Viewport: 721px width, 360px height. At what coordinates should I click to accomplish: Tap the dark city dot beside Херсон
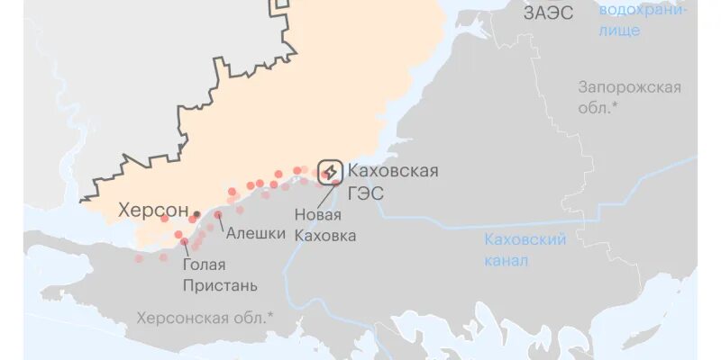(x=196, y=214)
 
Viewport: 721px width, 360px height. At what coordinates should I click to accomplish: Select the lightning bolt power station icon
(x=331, y=172)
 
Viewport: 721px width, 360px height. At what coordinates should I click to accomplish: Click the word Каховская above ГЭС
(x=393, y=171)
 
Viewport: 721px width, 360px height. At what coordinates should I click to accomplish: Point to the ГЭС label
(x=365, y=193)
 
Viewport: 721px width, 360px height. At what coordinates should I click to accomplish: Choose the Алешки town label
(x=255, y=233)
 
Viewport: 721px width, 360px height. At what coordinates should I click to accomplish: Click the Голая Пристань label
(x=220, y=275)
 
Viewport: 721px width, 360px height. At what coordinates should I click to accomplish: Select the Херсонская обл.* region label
(x=205, y=318)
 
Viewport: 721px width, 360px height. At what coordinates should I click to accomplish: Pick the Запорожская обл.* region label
(x=629, y=97)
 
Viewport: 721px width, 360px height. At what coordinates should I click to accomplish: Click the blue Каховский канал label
(x=525, y=250)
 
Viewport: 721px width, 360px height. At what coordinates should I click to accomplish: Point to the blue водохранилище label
(x=643, y=20)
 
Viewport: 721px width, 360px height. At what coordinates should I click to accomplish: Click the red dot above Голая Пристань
(x=184, y=241)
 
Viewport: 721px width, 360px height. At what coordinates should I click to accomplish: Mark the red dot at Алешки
(x=217, y=214)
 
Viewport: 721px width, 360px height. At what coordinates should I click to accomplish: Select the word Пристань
(x=220, y=286)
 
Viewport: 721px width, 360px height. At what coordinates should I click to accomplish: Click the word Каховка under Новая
(x=324, y=236)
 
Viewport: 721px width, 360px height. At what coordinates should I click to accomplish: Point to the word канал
(x=506, y=261)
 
